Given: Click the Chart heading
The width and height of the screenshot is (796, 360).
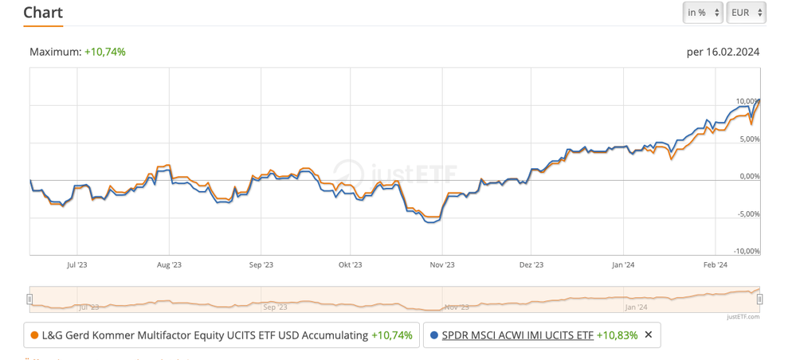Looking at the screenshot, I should click(x=43, y=13).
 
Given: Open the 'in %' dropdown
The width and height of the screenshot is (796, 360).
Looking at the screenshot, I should click(x=702, y=13).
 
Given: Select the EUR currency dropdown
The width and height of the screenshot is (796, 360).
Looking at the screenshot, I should click(x=746, y=13).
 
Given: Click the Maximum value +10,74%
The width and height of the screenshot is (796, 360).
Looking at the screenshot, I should click(x=104, y=52).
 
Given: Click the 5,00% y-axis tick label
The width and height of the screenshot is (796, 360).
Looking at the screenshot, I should click(x=749, y=139).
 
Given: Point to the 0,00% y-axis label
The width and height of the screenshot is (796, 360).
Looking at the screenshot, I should click(x=749, y=176).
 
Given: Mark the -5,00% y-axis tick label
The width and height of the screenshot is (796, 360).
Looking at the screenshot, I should click(x=747, y=213).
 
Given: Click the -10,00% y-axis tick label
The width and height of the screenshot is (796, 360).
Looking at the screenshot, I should click(x=746, y=251).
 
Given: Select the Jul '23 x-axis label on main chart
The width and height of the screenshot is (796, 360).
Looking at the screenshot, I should click(x=77, y=264).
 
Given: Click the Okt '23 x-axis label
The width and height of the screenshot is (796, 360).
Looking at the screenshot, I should click(x=350, y=264).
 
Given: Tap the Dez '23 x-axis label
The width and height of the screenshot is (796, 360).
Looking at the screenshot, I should click(x=531, y=264).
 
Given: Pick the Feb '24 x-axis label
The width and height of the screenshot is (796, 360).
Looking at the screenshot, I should click(x=716, y=264).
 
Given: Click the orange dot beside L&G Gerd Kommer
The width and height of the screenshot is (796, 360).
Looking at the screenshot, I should click(x=34, y=335).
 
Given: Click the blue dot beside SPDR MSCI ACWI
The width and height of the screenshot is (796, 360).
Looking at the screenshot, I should click(x=433, y=335).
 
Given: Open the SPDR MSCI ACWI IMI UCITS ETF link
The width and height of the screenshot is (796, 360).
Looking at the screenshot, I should click(x=517, y=335).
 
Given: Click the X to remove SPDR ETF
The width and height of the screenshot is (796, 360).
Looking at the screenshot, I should click(x=649, y=335).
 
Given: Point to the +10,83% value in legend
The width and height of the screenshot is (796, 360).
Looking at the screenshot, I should click(x=617, y=335).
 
